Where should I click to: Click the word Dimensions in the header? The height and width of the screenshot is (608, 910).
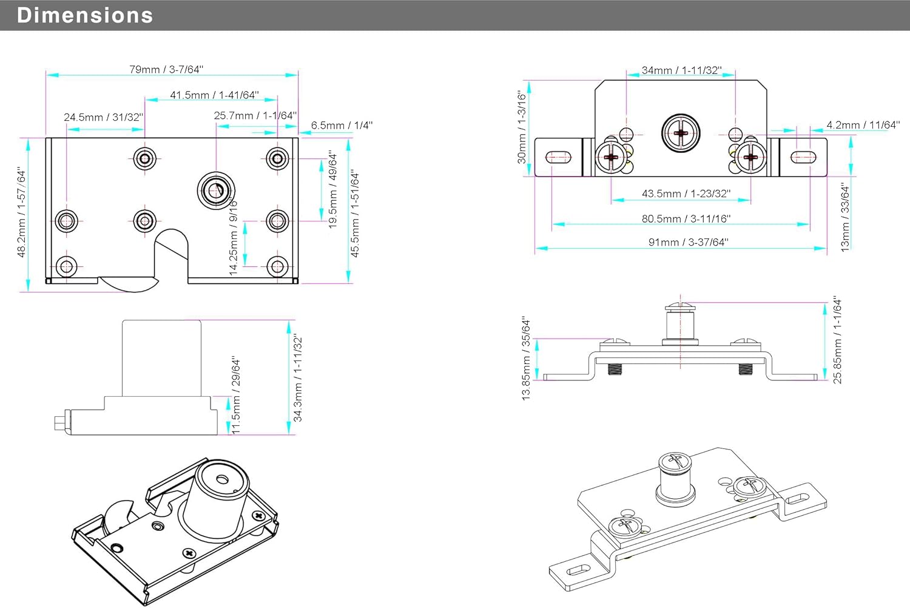85,15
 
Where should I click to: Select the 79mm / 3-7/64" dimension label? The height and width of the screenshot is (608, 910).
166,69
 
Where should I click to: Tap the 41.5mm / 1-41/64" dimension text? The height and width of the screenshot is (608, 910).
214,95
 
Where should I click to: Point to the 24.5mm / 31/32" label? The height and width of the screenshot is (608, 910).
104,117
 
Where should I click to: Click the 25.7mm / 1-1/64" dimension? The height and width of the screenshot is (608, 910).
255,115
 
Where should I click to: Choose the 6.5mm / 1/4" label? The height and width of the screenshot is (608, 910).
342,126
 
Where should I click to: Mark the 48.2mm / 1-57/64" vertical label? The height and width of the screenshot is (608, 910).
22,212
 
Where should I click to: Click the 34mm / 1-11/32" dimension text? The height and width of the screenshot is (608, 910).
681,70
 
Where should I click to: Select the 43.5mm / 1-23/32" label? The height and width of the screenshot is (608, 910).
686,194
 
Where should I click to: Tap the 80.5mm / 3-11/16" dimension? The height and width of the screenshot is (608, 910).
686,218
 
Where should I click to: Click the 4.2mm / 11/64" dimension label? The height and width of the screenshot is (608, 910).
863,125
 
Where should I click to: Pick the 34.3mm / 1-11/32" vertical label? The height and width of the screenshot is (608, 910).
298,377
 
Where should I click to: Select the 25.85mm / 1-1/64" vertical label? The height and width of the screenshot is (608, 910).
838,340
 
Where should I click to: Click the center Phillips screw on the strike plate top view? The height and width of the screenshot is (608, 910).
681,133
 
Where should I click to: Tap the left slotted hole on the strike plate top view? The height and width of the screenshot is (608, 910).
559,157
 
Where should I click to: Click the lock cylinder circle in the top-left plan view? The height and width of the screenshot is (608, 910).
216,191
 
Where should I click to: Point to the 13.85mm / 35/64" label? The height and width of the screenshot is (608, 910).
526,358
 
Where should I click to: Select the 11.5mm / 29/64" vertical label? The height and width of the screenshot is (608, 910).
237,396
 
